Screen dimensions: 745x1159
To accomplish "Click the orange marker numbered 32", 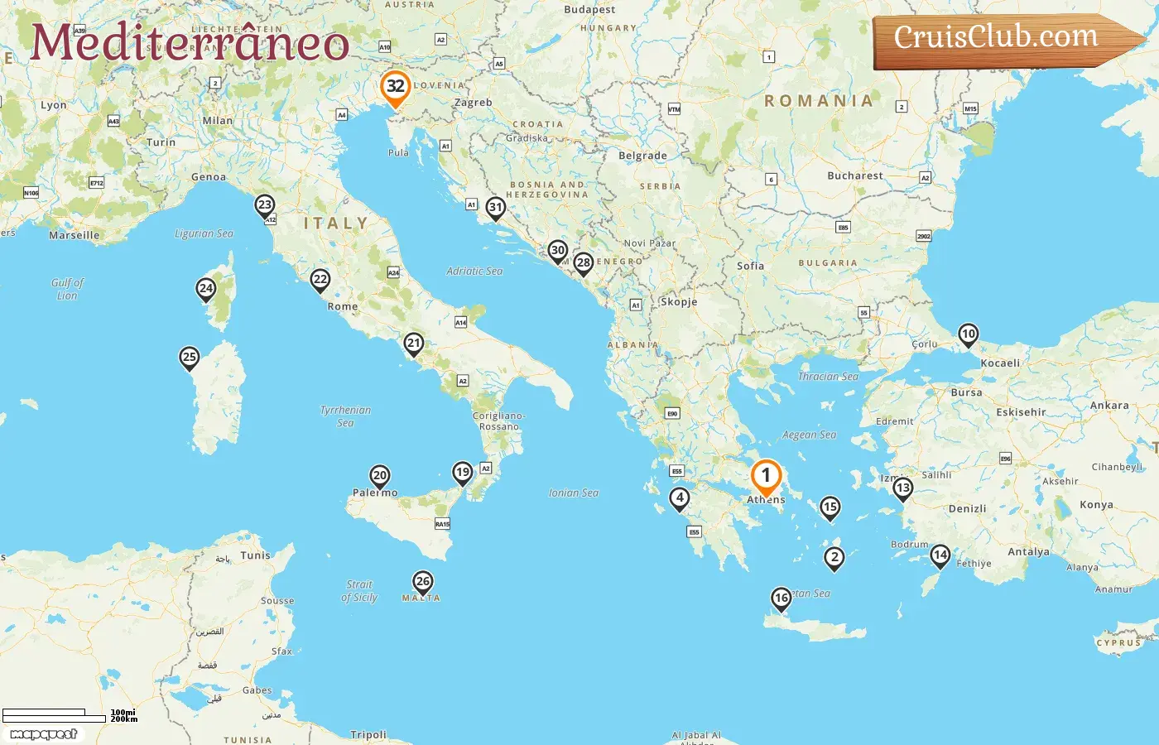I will point(396,87).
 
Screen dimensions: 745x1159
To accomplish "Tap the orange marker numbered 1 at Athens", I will point(766,477).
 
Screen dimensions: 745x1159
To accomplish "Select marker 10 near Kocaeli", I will point(968,334).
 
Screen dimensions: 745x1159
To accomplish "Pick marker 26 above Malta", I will point(423,582).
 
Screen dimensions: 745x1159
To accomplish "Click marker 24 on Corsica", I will point(206,289).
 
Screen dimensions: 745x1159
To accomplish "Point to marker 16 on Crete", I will point(781,598).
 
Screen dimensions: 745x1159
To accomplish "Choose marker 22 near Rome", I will point(320,280).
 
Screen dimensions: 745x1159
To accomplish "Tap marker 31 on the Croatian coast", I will point(496,208).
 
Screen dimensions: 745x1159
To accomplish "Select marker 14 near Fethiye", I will point(940,555).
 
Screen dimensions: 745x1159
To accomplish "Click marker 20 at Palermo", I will point(380,476).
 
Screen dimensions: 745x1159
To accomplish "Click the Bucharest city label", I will point(855,175).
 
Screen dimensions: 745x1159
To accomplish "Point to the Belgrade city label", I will point(642,156).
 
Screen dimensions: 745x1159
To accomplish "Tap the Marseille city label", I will point(75,235).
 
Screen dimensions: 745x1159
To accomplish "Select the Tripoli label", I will point(368,734).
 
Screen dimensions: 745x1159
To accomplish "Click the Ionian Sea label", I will point(574,493).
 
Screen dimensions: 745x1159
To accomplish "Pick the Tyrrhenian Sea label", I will point(346,416).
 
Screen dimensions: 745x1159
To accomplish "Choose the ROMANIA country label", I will point(819,101).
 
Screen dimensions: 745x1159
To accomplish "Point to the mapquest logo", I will point(43,734).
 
